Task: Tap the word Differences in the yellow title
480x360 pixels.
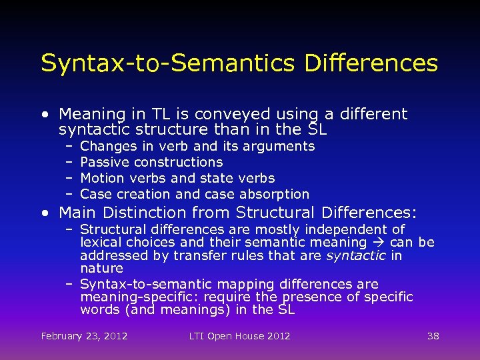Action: pyautogui.click(x=371, y=63)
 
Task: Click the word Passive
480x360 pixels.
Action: pyautogui.click(x=105, y=162)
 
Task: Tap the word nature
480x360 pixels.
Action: pyautogui.click(x=101, y=269)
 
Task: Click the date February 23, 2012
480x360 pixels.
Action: pyautogui.click(x=84, y=336)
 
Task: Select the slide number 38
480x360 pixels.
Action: pyautogui.click(x=433, y=336)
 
